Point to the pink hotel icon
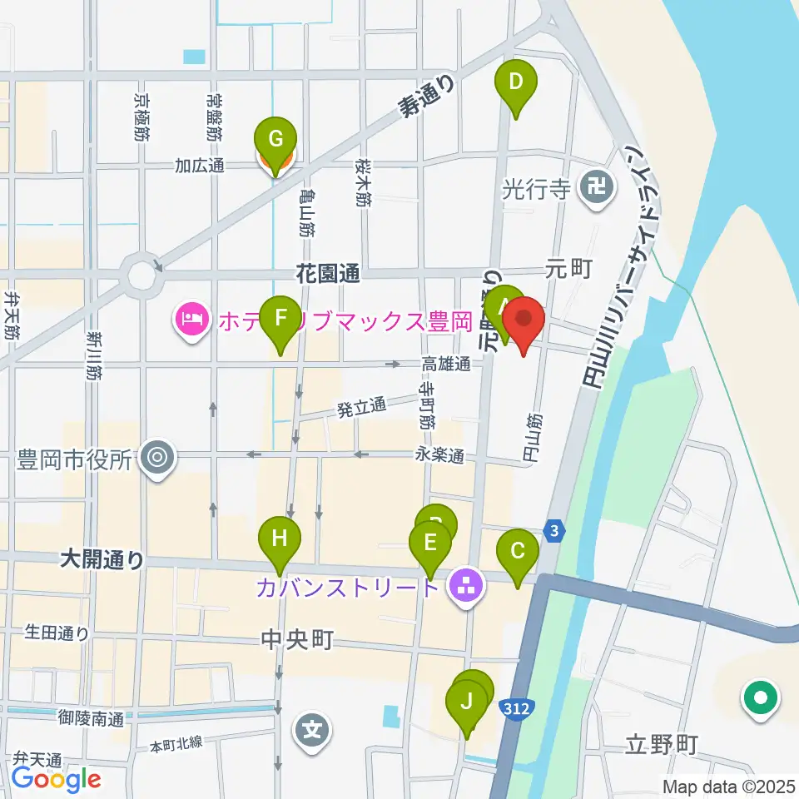[x=191, y=320]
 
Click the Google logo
[x=57, y=780]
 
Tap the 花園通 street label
[x=328, y=272]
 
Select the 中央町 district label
[x=297, y=640]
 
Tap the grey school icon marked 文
[x=312, y=732]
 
